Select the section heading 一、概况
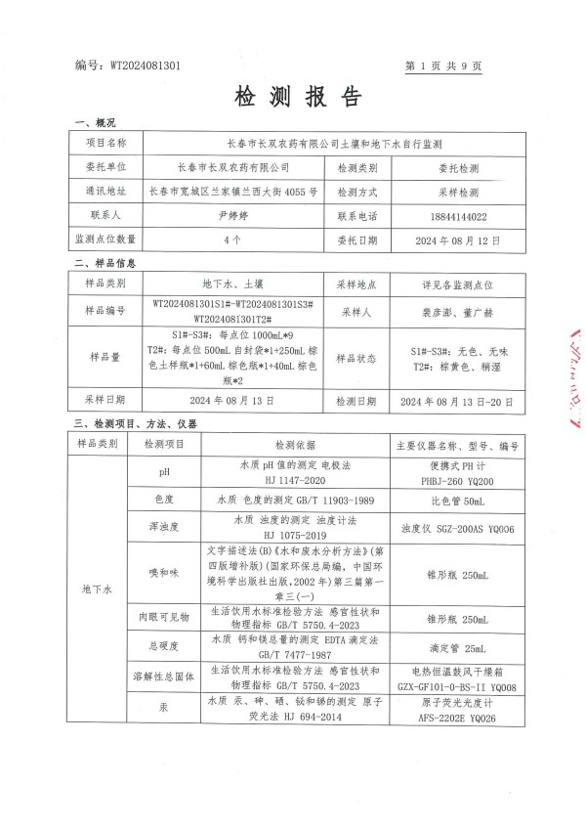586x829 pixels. coord(95,123)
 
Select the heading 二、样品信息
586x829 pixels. coord(105,265)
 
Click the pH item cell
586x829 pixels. coord(164,472)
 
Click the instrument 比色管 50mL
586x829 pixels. coord(457,500)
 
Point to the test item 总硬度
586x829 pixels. coord(164,645)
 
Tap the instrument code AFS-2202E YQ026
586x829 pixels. coord(457,716)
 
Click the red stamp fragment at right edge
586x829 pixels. coord(569,381)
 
